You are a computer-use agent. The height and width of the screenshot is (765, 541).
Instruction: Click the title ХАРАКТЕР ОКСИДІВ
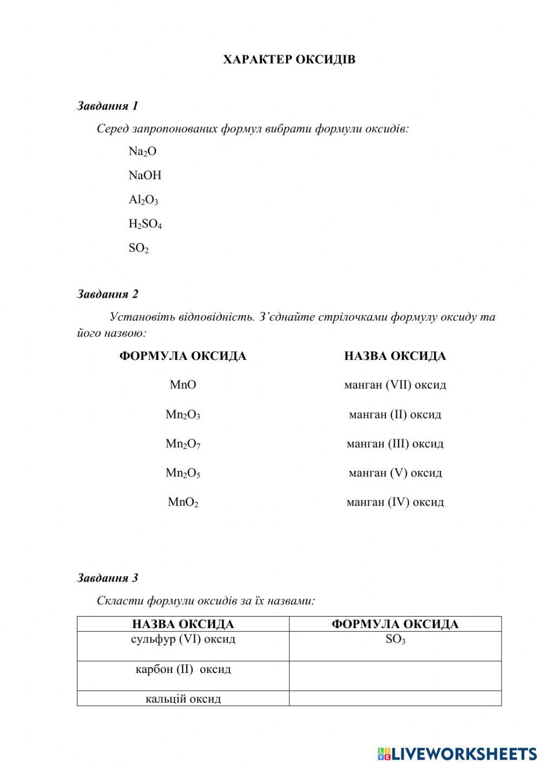click(289, 60)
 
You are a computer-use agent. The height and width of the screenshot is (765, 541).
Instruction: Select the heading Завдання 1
click(108, 106)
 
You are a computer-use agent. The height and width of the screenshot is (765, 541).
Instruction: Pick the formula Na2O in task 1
click(142, 152)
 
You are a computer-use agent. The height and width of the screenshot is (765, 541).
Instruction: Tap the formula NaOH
click(145, 175)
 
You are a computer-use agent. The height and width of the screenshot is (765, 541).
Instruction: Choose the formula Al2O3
click(143, 200)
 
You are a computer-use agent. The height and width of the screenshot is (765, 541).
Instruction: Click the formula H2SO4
click(145, 224)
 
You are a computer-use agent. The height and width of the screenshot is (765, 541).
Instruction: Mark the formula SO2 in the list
click(138, 248)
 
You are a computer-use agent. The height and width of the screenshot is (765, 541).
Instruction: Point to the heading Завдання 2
click(108, 294)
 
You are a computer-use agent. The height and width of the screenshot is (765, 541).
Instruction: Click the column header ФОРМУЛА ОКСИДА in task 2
click(183, 356)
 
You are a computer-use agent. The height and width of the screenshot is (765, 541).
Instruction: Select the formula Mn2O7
click(183, 444)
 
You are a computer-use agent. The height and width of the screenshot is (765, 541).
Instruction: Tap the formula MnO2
click(183, 502)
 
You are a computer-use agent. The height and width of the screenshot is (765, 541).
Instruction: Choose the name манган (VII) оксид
click(395, 385)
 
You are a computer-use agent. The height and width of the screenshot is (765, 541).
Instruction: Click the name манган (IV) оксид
click(395, 502)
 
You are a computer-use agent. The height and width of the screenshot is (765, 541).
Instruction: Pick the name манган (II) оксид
click(395, 415)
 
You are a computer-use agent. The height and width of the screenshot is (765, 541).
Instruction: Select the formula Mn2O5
click(183, 473)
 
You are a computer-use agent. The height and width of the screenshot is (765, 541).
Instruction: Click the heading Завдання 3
click(108, 578)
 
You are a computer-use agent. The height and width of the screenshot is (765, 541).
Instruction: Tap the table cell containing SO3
click(395, 645)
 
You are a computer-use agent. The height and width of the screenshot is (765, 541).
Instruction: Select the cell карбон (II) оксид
click(183, 675)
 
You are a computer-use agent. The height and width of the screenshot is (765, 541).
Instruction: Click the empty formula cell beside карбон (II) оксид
click(395, 676)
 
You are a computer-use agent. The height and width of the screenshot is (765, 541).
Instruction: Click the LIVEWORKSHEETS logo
click(457, 753)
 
